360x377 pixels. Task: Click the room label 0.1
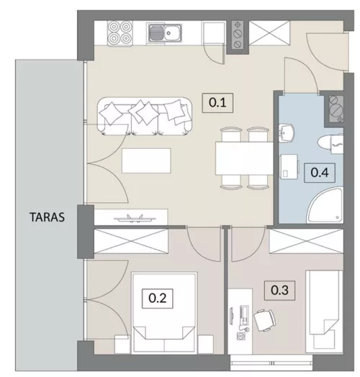(217, 103)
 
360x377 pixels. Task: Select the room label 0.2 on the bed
(158, 299)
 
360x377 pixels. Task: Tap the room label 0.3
(279, 290)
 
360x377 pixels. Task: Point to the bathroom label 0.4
(320, 173)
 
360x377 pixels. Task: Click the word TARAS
(48, 217)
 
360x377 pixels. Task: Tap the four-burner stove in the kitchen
(120, 33)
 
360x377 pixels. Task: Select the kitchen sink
(165, 33)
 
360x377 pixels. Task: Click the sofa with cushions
(145, 115)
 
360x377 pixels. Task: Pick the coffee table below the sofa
(146, 160)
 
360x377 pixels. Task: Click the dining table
(244, 158)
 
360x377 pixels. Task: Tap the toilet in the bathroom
(330, 143)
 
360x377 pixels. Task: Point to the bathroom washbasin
(287, 132)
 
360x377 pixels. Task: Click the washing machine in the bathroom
(289, 167)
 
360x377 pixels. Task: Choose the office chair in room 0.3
(265, 320)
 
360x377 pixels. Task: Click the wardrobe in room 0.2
(131, 241)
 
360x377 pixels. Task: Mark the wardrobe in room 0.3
(306, 241)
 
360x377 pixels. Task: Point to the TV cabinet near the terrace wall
(131, 217)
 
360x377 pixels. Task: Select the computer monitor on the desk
(231, 316)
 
